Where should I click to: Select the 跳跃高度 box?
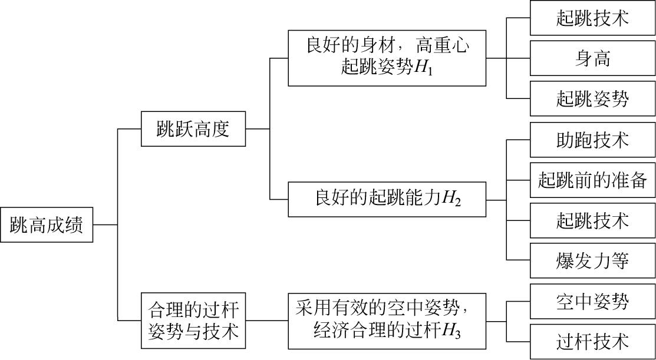point(193,128)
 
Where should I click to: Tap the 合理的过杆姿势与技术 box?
point(193,320)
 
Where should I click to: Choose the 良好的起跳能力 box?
point(387,200)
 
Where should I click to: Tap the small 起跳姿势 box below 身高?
point(592,98)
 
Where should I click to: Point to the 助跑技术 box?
point(592,140)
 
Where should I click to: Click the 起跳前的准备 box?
point(592,180)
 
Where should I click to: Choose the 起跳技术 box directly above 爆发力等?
point(592,220)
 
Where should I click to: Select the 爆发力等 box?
point(592,260)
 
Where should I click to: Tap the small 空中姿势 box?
point(592,302)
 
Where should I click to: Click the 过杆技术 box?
point(592,341)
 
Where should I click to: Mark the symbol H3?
point(451,332)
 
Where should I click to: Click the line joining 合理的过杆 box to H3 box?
point(266,321)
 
